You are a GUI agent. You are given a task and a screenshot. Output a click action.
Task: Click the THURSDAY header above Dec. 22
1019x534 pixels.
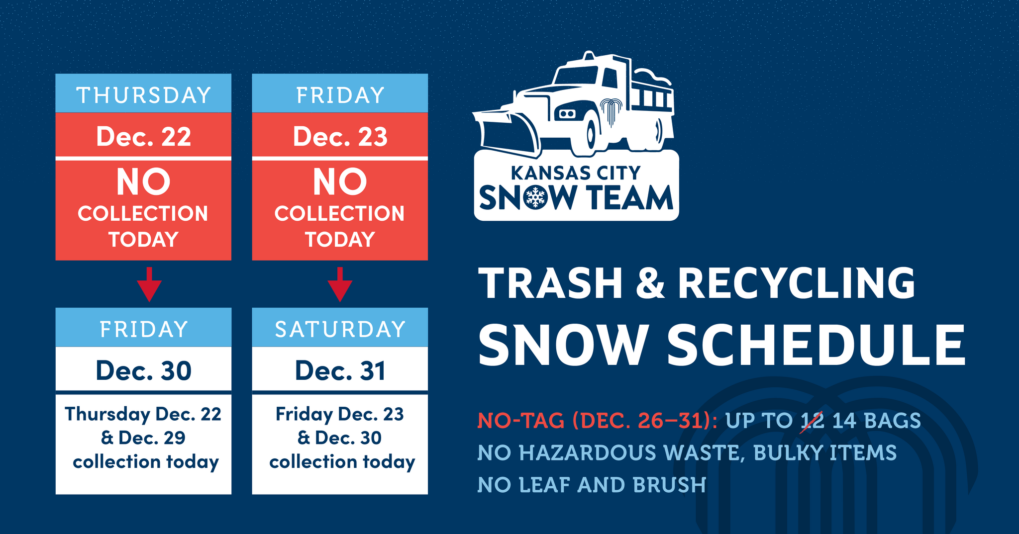[x=143, y=95]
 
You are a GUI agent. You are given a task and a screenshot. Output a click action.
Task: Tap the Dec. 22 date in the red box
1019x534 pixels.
[x=143, y=137]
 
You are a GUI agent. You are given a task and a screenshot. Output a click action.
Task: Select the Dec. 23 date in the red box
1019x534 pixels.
[x=340, y=137]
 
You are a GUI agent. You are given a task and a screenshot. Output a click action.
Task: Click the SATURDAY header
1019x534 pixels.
[x=340, y=329]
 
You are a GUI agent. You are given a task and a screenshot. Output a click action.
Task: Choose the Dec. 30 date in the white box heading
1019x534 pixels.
[x=143, y=371]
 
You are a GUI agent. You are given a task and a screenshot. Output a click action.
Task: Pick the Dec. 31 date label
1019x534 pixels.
[x=340, y=371]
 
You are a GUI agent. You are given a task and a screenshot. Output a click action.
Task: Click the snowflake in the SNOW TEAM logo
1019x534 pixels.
[x=535, y=197]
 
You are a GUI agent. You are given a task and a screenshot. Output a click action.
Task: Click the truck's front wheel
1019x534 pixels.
[x=591, y=134]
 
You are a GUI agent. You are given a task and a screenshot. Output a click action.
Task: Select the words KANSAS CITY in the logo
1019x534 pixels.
[x=576, y=173]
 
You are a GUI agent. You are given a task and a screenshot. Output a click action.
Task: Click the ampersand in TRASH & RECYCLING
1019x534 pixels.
[x=650, y=283]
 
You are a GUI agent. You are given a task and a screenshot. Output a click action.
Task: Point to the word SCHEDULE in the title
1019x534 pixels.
[x=816, y=345]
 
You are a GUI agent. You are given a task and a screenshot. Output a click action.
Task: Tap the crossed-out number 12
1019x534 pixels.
[x=813, y=421]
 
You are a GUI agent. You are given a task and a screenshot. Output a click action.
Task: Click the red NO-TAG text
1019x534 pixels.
[x=520, y=421]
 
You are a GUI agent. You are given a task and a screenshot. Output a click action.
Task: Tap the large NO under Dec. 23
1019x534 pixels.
[x=340, y=182]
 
